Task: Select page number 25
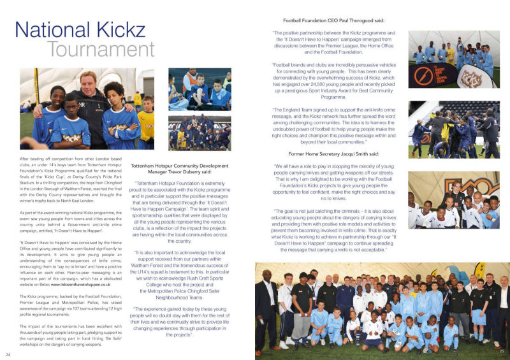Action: pyautogui.click(x=502, y=351)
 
